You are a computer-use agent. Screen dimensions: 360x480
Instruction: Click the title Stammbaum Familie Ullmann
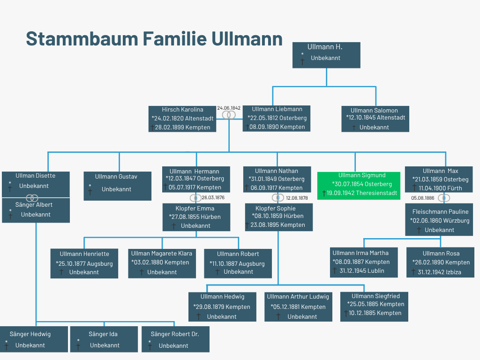154,38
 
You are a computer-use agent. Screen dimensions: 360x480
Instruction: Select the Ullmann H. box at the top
326,55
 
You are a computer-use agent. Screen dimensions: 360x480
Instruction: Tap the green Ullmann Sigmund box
359,186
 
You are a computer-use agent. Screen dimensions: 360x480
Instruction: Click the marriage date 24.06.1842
229,108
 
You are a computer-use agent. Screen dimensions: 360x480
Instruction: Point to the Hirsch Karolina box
182,119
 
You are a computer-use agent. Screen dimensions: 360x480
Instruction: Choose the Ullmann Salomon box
375,119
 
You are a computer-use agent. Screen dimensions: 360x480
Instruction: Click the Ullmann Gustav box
117,186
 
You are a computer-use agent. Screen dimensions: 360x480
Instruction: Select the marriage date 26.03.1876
213,197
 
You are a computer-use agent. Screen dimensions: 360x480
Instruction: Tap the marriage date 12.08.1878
297,198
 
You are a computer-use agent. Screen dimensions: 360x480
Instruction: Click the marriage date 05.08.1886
423,198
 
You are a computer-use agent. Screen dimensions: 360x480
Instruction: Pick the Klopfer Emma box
196,217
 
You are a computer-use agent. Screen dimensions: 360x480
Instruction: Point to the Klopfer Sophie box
278,217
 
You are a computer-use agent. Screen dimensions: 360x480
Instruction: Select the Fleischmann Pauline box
440,221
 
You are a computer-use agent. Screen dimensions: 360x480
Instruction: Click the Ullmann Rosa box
440,262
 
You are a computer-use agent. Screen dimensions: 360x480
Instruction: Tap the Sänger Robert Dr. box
175,339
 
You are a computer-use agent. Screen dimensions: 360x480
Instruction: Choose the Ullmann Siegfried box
375,306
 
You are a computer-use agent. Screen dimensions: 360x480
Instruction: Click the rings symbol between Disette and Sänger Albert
32,198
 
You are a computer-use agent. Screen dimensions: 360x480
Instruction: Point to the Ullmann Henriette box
84,263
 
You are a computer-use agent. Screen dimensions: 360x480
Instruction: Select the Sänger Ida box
104,339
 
